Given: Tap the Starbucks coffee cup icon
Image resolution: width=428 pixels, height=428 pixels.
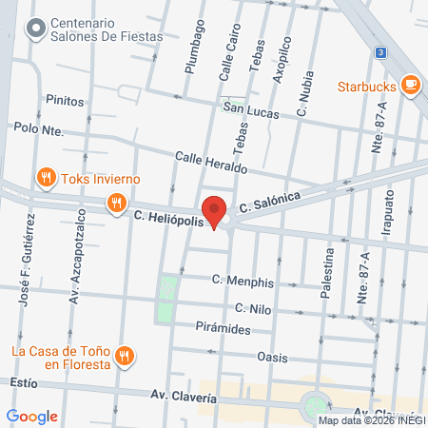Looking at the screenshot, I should [x=411, y=86].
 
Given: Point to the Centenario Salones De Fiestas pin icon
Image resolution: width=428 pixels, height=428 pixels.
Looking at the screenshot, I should [x=36, y=29].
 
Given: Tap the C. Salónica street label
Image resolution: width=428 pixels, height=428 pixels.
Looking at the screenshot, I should [x=270, y=201].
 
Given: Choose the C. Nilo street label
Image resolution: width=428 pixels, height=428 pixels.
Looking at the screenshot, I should [x=254, y=308].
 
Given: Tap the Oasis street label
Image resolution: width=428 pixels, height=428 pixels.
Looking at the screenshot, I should [x=272, y=357].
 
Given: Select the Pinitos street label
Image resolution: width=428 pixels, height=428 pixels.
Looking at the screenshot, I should [x=65, y=100].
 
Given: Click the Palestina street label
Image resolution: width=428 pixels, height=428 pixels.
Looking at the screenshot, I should [x=328, y=271].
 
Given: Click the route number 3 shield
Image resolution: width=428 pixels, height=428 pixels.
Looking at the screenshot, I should [x=380, y=52].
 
